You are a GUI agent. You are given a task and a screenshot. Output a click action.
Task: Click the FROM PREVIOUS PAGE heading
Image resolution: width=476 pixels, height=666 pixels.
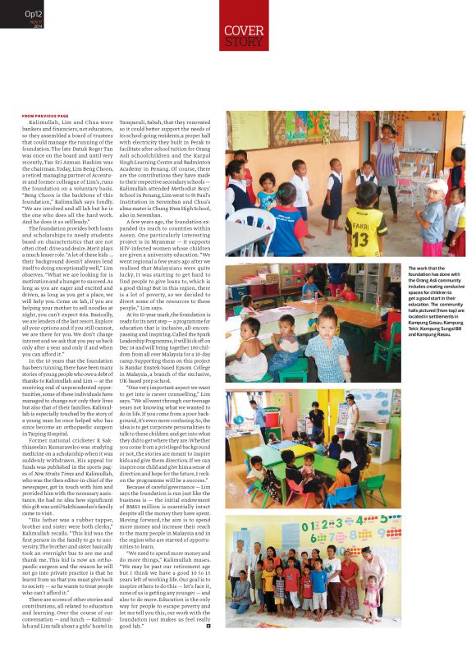(x=46, y=116)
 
